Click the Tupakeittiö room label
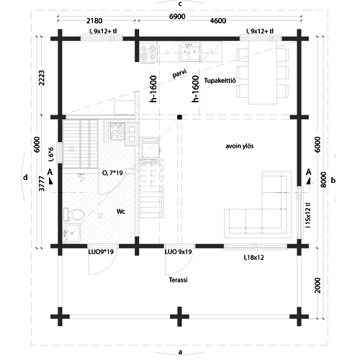coord(220,81)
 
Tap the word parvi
coord(179,73)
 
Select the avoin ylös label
coord(240,146)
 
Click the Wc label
coord(121,212)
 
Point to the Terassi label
coord(178,280)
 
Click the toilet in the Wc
coord(73,214)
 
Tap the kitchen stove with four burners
coord(148,53)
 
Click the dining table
coord(262,73)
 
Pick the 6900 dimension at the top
coord(177,17)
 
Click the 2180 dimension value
coord(94,21)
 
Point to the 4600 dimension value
coord(218,21)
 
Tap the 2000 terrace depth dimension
coord(318,285)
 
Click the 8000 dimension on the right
coord(323,180)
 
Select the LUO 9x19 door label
coord(178,252)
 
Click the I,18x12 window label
coord(253,258)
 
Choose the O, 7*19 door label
coord(112,173)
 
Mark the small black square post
coord(179,117)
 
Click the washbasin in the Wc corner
coord(72,233)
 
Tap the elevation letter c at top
coord(180,4)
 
